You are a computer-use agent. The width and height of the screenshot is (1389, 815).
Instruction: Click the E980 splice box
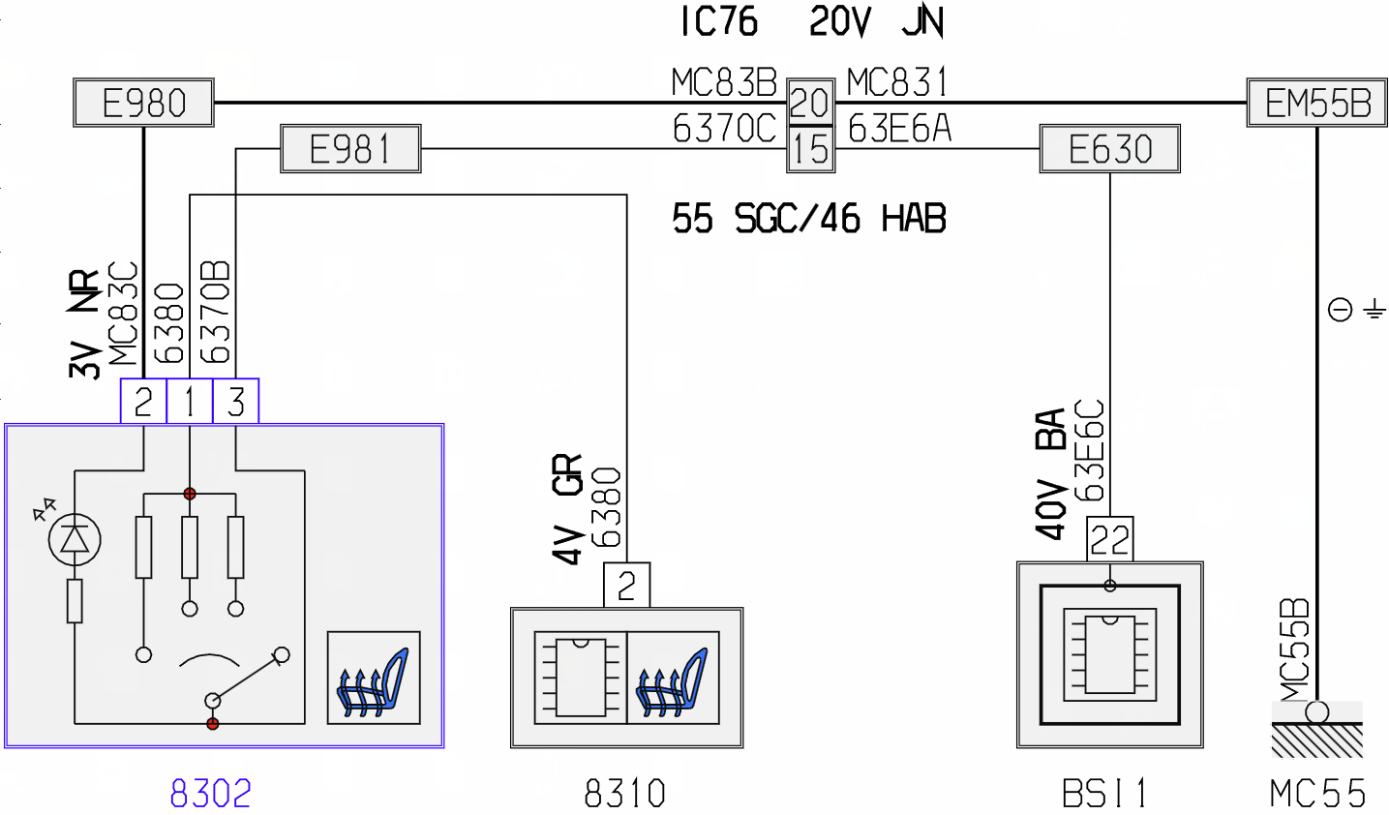[144, 103]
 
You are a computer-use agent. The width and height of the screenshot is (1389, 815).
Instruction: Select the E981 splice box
[351, 149]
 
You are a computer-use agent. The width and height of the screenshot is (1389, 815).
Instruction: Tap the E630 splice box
[1110, 149]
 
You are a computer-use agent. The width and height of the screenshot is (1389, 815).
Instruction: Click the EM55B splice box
[1317, 103]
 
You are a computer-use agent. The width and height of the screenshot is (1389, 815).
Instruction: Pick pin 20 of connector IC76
[810, 103]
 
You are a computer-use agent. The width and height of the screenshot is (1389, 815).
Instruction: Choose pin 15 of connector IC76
[810, 149]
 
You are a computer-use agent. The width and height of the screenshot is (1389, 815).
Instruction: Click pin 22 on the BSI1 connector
[1110, 539]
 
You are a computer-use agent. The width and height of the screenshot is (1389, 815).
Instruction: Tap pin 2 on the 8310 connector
[627, 585]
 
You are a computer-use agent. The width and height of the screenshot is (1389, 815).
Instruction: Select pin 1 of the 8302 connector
[190, 402]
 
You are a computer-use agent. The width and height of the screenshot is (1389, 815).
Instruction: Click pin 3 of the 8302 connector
[235, 402]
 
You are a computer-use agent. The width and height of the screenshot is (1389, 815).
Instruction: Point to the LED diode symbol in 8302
[75, 539]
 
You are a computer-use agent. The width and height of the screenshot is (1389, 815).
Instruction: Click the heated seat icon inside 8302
[374, 678]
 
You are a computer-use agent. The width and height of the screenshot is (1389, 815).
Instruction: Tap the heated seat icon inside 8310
[673, 678]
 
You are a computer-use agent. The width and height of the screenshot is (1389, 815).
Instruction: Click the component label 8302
[211, 794]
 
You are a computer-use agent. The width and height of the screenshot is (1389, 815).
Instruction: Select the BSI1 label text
[1103, 794]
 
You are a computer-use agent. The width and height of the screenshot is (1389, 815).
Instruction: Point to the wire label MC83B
[724, 82]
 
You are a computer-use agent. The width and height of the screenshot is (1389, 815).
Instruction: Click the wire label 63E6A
[899, 129]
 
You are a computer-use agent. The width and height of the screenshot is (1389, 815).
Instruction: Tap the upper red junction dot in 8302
[190, 494]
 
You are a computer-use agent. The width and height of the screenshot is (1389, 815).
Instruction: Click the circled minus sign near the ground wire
[1340, 310]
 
